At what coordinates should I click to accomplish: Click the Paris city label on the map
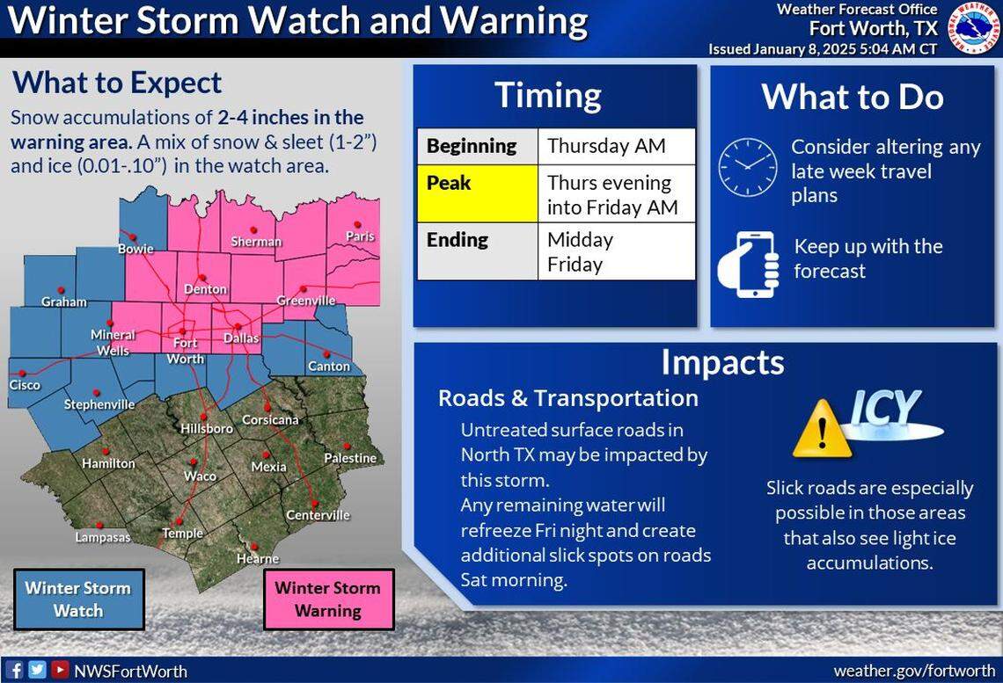360,236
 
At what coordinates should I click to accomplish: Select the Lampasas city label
103,537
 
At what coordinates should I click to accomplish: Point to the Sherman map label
256,241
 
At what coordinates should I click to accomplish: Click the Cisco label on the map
25,385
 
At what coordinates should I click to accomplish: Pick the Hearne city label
258,558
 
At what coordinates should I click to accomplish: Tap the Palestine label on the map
349,458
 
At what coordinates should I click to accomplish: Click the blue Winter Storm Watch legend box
78,599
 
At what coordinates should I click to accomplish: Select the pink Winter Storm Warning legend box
328,599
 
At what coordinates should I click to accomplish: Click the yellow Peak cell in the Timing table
477,193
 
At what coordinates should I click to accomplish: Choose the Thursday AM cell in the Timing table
616,146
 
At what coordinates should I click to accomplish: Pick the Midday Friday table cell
616,251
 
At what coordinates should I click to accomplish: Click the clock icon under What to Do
748,167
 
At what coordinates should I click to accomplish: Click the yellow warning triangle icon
822,429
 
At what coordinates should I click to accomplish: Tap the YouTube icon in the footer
59,670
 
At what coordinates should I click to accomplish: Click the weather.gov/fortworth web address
913,671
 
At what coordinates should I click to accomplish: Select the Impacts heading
721,362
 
